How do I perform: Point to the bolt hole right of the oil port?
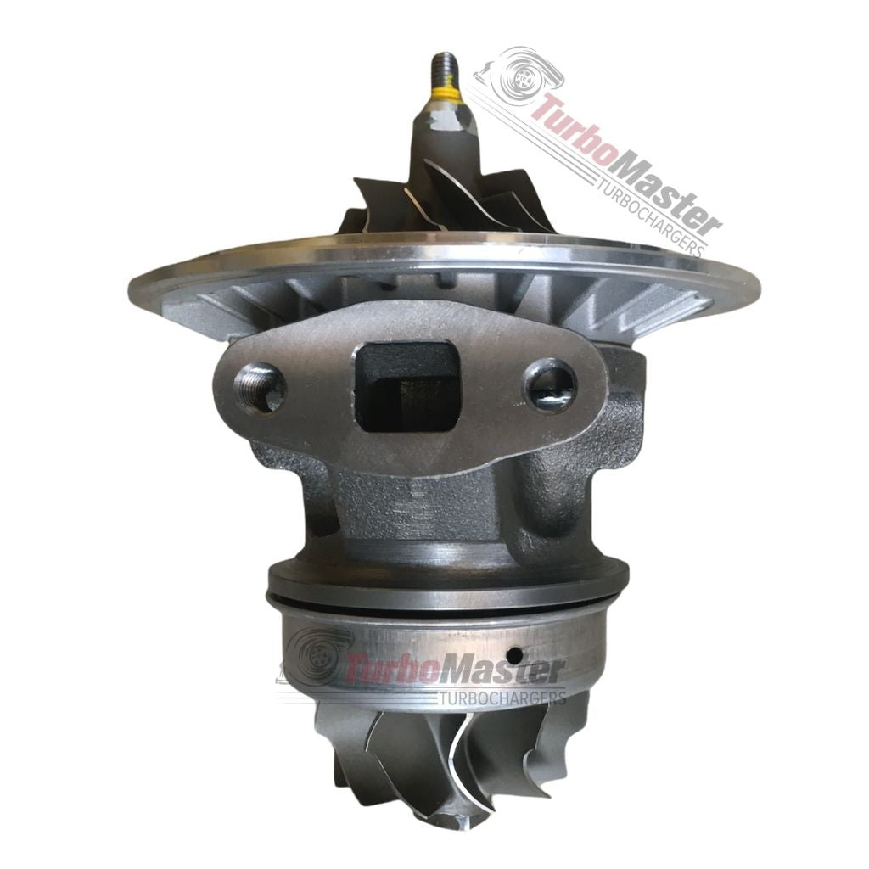coord(551,386)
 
